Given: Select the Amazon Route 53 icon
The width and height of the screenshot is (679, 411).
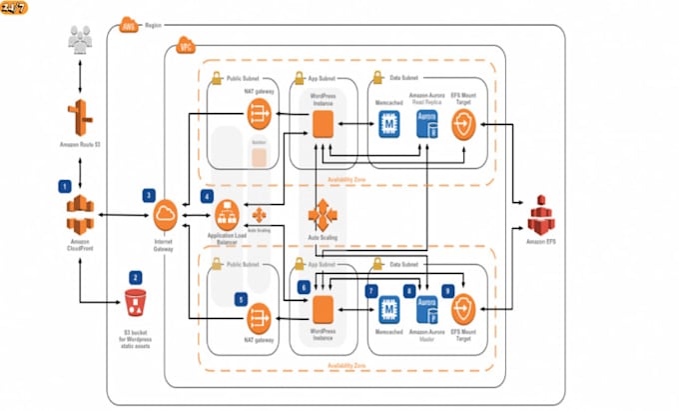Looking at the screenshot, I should point(76,118).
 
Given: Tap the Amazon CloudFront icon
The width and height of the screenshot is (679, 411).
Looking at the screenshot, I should point(78,211).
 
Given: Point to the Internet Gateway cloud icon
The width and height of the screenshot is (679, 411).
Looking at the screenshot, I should point(166,213).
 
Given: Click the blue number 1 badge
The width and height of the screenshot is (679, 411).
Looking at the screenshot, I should point(64,185).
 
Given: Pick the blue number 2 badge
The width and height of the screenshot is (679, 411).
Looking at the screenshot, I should point(135,276).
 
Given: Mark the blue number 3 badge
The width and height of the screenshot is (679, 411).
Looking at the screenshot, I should point(149,195).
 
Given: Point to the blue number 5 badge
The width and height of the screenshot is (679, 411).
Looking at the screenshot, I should point(240,298).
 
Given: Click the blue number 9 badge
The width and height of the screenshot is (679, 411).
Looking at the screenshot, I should point(448,290).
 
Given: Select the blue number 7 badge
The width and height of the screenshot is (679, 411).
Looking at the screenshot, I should point(371,291).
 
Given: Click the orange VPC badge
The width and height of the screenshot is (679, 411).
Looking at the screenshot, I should point(185,46).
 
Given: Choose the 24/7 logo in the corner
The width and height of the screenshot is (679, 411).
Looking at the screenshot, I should point(14,8).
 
